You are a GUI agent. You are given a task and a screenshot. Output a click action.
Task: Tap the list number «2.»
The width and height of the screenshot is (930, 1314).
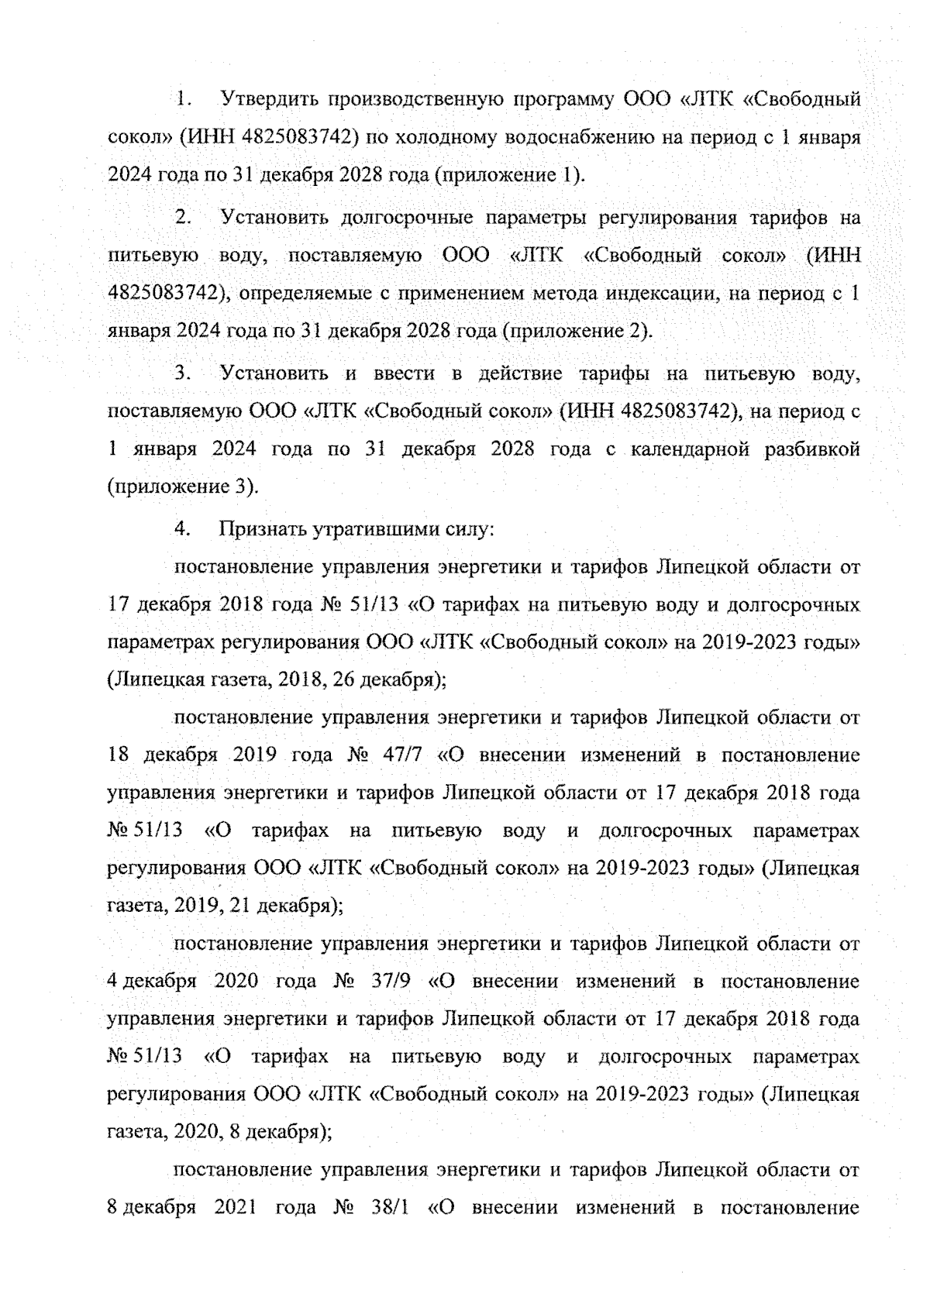pyautogui.click(x=184, y=218)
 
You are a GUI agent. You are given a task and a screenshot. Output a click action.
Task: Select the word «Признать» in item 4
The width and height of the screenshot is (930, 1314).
pyautogui.click(x=261, y=531)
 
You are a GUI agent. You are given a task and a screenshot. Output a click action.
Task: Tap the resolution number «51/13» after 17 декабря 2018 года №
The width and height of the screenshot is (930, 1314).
pyautogui.click(x=375, y=605)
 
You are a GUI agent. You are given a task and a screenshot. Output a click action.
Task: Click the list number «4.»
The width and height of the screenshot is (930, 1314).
pyautogui.click(x=184, y=530)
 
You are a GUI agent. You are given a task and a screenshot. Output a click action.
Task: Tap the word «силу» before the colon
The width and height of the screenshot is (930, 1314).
pyautogui.click(x=466, y=531)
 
